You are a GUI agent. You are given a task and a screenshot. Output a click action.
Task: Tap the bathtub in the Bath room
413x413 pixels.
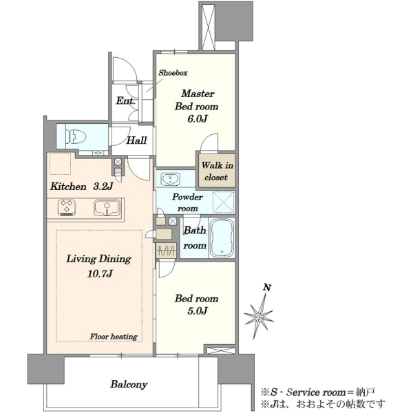[222, 238]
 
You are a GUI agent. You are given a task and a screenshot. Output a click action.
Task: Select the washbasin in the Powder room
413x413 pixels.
[171, 179]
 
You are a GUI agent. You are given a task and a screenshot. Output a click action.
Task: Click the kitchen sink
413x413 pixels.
[107, 208]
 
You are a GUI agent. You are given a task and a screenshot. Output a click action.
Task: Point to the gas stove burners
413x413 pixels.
[67, 207]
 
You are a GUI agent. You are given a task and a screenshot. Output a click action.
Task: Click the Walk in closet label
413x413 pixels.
[217, 171]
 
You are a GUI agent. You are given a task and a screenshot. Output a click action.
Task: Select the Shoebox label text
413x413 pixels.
[173, 73]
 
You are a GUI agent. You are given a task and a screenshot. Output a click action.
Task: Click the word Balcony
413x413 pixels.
[129, 384]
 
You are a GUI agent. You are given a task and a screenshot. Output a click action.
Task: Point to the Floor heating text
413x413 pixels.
[114, 337]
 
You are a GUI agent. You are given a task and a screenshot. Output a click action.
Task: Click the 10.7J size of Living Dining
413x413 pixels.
[100, 274]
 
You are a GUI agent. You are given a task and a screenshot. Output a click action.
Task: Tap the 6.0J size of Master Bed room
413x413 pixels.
[198, 119]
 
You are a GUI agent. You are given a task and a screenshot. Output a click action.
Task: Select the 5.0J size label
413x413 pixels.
[198, 311]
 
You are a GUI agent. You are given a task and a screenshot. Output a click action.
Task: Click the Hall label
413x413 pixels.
[136, 140]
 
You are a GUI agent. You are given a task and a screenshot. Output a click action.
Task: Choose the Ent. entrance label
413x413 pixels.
[126, 100]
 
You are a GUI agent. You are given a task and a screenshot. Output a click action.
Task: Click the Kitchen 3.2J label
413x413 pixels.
[81, 187]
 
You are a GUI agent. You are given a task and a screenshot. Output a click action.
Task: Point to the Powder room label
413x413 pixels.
[187, 203]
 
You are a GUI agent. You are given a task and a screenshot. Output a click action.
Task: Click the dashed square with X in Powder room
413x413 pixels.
[223, 202]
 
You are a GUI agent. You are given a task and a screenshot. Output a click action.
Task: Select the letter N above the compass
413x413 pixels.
[267, 287]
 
